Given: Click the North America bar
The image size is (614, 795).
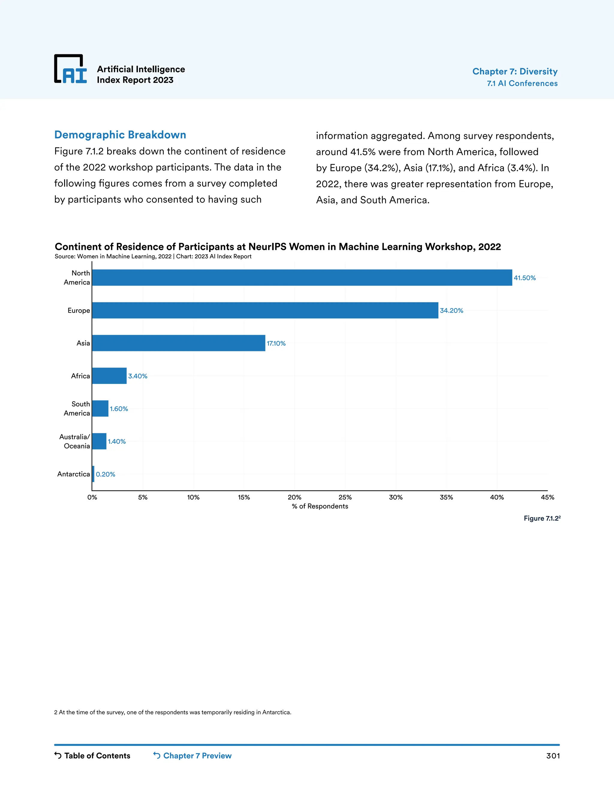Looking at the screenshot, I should click(302, 278).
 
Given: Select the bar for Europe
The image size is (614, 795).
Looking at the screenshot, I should click(265, 310).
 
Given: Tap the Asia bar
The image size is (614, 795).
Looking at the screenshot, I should click(179, 343).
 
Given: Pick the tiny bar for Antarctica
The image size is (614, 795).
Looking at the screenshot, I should click(94, 474).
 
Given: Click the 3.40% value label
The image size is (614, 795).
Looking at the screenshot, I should click(138, 376).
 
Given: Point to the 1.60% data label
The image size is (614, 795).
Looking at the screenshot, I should click(119, 409).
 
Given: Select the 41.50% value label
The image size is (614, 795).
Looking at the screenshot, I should click(525, 278).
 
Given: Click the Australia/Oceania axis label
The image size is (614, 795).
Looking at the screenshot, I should click(75, 441).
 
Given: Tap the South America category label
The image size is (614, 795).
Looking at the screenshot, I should click(77, 408).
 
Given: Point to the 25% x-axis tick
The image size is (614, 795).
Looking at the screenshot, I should click(345, 497).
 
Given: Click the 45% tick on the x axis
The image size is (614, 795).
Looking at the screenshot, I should click(547, 497).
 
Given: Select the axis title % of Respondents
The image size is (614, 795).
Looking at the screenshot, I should click(320, 506).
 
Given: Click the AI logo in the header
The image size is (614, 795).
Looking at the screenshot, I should click(70, 69).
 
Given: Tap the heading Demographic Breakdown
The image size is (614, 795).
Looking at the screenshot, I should click(120, 135).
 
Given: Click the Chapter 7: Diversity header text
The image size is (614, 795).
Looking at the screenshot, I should click(515, 71).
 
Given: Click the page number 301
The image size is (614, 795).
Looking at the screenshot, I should click(553, 756).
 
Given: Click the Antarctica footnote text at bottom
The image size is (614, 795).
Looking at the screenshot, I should click(173, 712).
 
